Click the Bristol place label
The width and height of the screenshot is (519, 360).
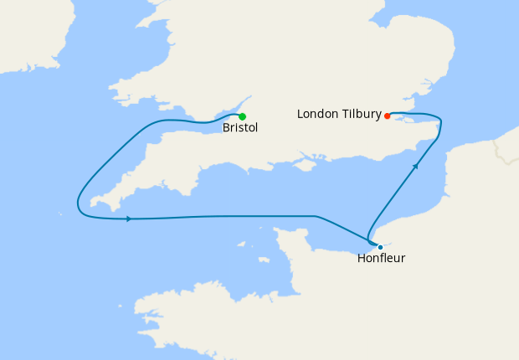240,129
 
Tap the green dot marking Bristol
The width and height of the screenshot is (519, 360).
242,116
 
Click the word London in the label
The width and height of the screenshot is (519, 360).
318,114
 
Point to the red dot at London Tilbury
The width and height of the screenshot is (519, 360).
388,116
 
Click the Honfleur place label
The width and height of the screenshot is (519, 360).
381,259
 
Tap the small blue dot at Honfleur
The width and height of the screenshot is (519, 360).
380,247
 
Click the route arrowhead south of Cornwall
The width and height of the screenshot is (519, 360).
128,219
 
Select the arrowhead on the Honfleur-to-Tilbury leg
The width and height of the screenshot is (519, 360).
415,167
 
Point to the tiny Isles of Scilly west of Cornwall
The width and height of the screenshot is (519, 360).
61,213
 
